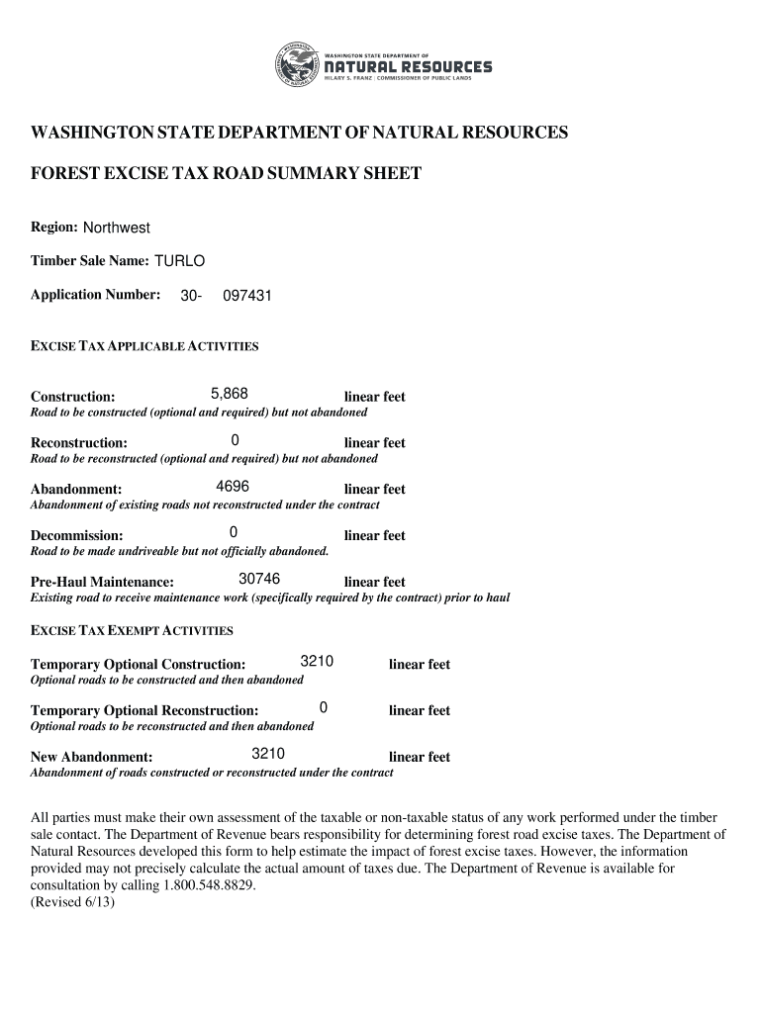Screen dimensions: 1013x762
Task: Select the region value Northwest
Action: click(116, 229)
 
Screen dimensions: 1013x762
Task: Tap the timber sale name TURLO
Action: click(179, 261)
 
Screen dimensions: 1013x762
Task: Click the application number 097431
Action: click(247, 295)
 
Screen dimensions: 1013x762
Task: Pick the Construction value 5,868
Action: click(230, 394)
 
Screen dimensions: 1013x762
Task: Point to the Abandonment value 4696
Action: click(233, 487)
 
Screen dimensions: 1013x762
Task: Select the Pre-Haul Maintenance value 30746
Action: click(259, 579)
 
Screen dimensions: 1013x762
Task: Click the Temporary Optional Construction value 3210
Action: click(316, 662)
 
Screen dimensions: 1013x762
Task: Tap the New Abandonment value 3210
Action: click(268, 754)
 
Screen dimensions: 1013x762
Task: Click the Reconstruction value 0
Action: click(235, 440)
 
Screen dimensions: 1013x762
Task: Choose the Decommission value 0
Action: click(234, 533)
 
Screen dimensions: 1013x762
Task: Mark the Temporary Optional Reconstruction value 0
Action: click(324, 707)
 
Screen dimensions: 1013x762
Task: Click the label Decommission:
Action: click(77, 536)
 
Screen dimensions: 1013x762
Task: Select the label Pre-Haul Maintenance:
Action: click(103, 582)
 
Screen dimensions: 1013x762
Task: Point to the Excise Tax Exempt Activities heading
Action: click(132, 630)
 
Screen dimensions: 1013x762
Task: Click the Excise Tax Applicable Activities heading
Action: click(144, 347)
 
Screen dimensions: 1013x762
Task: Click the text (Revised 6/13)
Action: click(73, 902)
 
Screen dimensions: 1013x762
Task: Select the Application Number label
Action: click(96, 295)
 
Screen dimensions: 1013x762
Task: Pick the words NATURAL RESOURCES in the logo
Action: click(409, 66)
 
